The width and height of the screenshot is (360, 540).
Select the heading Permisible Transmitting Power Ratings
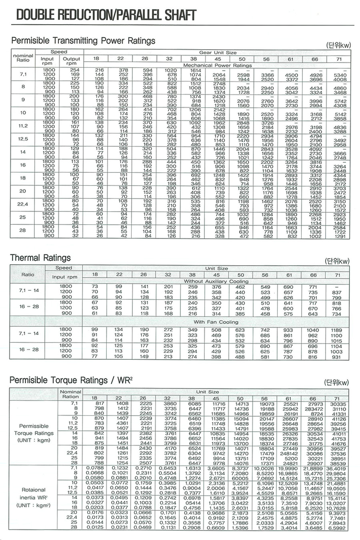(x=83, y=41)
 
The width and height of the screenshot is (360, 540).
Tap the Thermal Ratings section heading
(x=40, y=258)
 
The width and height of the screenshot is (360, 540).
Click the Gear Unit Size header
(x=218, y=52)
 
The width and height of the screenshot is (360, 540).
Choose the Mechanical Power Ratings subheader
(x=217, y=65)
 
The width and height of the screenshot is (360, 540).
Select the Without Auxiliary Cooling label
(x=216, y=281)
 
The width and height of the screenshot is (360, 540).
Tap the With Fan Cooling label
(x=216, y=322)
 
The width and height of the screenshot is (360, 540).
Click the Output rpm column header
(x=72, y=61)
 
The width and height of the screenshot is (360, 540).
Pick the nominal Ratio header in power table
(x=23, y=58)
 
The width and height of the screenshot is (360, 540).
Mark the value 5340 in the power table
(x=340, y=75)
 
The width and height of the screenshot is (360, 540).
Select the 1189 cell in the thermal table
(x=337, y=330)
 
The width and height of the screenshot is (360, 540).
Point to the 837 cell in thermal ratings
(x=337, y=292)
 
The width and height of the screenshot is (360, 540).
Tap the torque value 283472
(x=313, y=409)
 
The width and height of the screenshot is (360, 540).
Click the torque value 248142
(x=289, y=454)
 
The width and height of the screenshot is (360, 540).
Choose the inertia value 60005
(x=240, y=478)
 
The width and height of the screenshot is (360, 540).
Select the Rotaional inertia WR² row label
(x=34, y=497)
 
